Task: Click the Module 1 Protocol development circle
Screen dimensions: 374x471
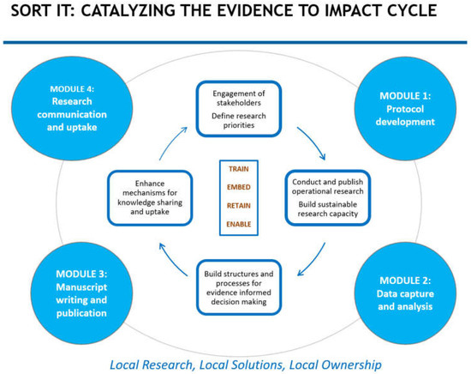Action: point(403,112)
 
